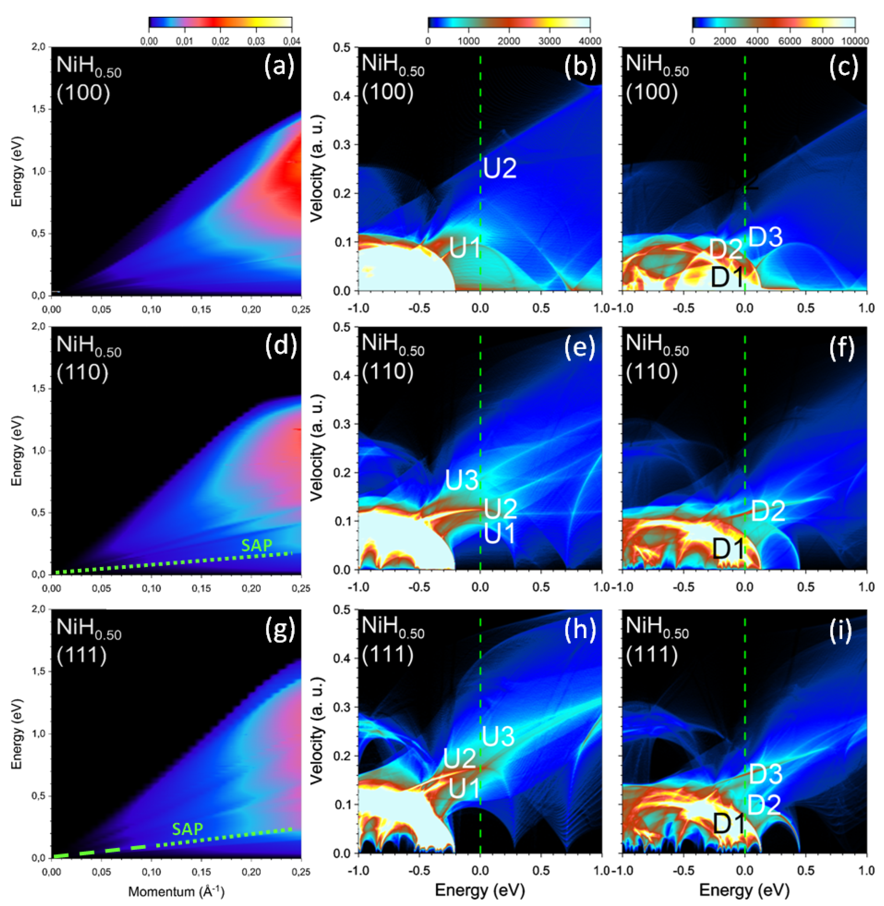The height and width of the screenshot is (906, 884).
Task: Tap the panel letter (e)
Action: (x=579, y=347)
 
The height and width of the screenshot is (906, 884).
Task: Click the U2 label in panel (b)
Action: (x=500, y=168)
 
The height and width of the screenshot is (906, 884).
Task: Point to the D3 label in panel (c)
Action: (x=766, y=237)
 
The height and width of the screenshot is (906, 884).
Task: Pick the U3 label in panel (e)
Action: (x=462, y=480)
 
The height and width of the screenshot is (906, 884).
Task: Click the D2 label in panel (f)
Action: (x=768, y=511)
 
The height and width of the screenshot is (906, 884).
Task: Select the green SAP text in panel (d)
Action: (x=257, y=545)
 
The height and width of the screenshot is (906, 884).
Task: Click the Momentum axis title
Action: (x=176, y=892)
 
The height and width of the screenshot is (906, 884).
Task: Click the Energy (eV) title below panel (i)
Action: (x=744, y=890)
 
